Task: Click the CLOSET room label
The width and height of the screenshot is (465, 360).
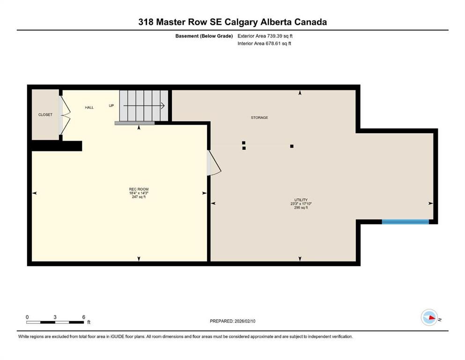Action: point(45,115)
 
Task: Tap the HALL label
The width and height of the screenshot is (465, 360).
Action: point(89,107)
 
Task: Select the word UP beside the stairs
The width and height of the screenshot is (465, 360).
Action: point(111,105)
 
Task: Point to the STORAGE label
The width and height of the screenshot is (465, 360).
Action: point(259,118)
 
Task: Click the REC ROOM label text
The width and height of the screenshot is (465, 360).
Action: point(139,189)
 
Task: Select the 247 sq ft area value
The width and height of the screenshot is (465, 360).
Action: point(139,197)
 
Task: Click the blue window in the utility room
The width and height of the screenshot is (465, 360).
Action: point(405,222)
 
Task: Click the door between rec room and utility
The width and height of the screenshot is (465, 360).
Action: point(213,164)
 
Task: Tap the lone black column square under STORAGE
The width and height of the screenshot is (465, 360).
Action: point(292,146)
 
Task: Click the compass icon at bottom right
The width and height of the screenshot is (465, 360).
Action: point(429,317)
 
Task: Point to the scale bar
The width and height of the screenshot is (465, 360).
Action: point(55,322)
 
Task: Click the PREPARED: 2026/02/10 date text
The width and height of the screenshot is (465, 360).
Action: point(233,321)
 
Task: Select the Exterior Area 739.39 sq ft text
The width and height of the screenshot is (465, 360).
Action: point(266,36)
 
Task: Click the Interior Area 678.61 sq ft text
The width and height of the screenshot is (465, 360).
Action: point(265,44)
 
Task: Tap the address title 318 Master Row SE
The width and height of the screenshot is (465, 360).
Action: point(232,22)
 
